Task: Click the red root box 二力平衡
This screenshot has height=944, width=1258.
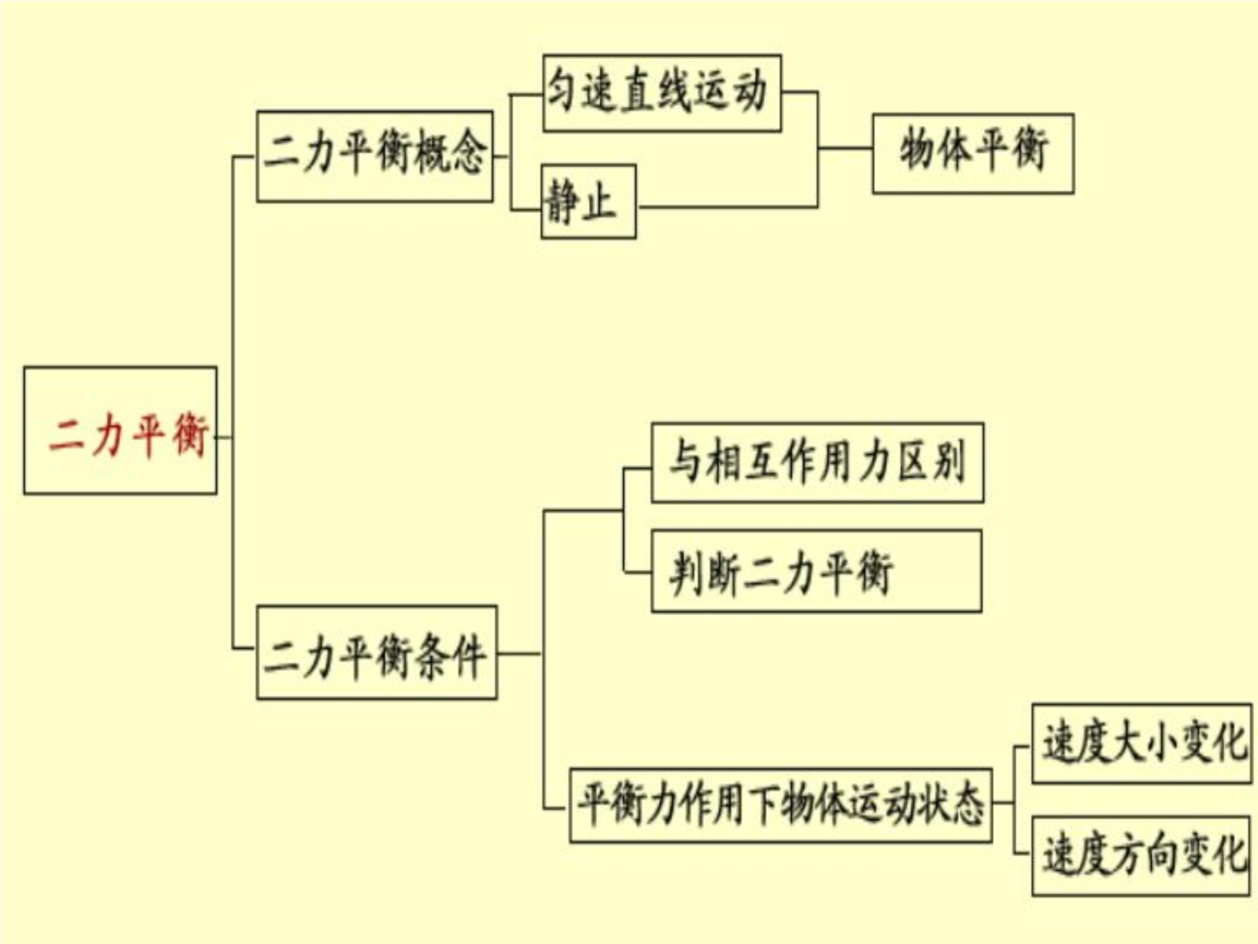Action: [x=120, y=431]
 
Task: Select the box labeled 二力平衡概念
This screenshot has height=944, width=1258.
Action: [x=375, y=157]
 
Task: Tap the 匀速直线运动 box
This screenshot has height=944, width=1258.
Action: [x=662, y=93]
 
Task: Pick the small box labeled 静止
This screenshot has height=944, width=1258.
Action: [x=588, y=202]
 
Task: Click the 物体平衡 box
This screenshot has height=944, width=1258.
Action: [x=973, y=153]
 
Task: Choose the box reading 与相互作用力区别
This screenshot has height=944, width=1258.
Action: [x=818, y=462]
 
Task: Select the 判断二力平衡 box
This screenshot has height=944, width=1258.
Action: [x=816, y=571]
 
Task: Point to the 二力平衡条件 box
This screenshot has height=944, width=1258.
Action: [x=377, y=652]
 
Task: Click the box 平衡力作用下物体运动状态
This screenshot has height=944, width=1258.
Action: [x=781, y=806]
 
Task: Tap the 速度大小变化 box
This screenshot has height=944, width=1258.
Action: [x=1141, y=744]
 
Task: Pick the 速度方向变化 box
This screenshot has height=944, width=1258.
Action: [x=1141, y=855]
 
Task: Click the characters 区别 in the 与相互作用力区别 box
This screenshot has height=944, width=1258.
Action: [x=932, y=462]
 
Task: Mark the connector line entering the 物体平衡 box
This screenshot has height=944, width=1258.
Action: [x=845, y=148]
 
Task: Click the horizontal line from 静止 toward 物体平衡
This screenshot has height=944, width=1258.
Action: [x=728, y=207]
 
